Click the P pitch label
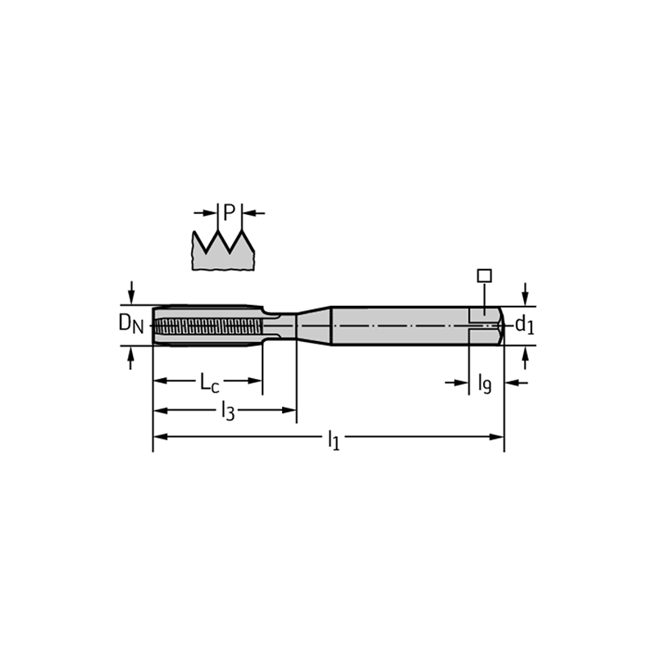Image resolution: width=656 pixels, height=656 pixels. click(x=230, y=212)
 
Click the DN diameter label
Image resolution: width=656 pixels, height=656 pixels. click(x=131, y=323)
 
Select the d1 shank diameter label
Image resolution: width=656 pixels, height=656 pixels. click(x=525, y=324)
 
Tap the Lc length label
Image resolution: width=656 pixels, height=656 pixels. click(x=209, y=383)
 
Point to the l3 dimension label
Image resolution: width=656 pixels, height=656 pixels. click(x=228, y=411)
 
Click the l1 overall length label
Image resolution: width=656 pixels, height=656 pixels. click(x=334, y=440)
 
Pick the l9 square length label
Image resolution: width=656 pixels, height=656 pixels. click(x=485, y=384)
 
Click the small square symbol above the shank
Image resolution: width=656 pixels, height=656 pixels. click(x=485, y=276)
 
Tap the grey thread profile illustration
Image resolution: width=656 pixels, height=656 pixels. click(x=223, y=250)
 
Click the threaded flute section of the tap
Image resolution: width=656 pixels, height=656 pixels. click(x=208, y=326)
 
